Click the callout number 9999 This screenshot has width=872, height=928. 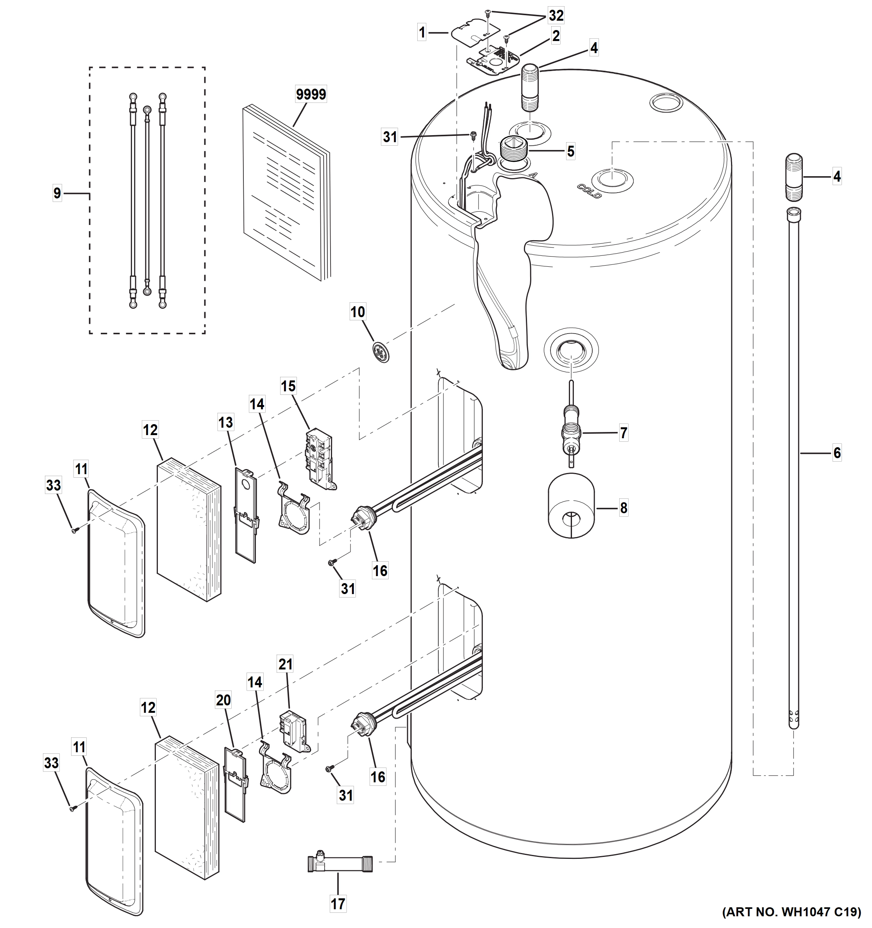point(311,94)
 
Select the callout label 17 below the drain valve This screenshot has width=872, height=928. point(338,903)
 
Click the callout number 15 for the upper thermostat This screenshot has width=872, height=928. point(288,386)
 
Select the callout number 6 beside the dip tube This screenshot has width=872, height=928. point(837,452)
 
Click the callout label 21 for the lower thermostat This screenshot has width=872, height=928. point(285,664)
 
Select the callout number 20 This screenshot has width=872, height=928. point(223,700)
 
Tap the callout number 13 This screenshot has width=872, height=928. point(225,423)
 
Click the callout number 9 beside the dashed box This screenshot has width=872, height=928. point(57,193)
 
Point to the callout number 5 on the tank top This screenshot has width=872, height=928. point(570,151)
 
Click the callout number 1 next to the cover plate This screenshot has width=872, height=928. point(422,33)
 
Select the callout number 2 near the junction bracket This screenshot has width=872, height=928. point(556,36)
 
